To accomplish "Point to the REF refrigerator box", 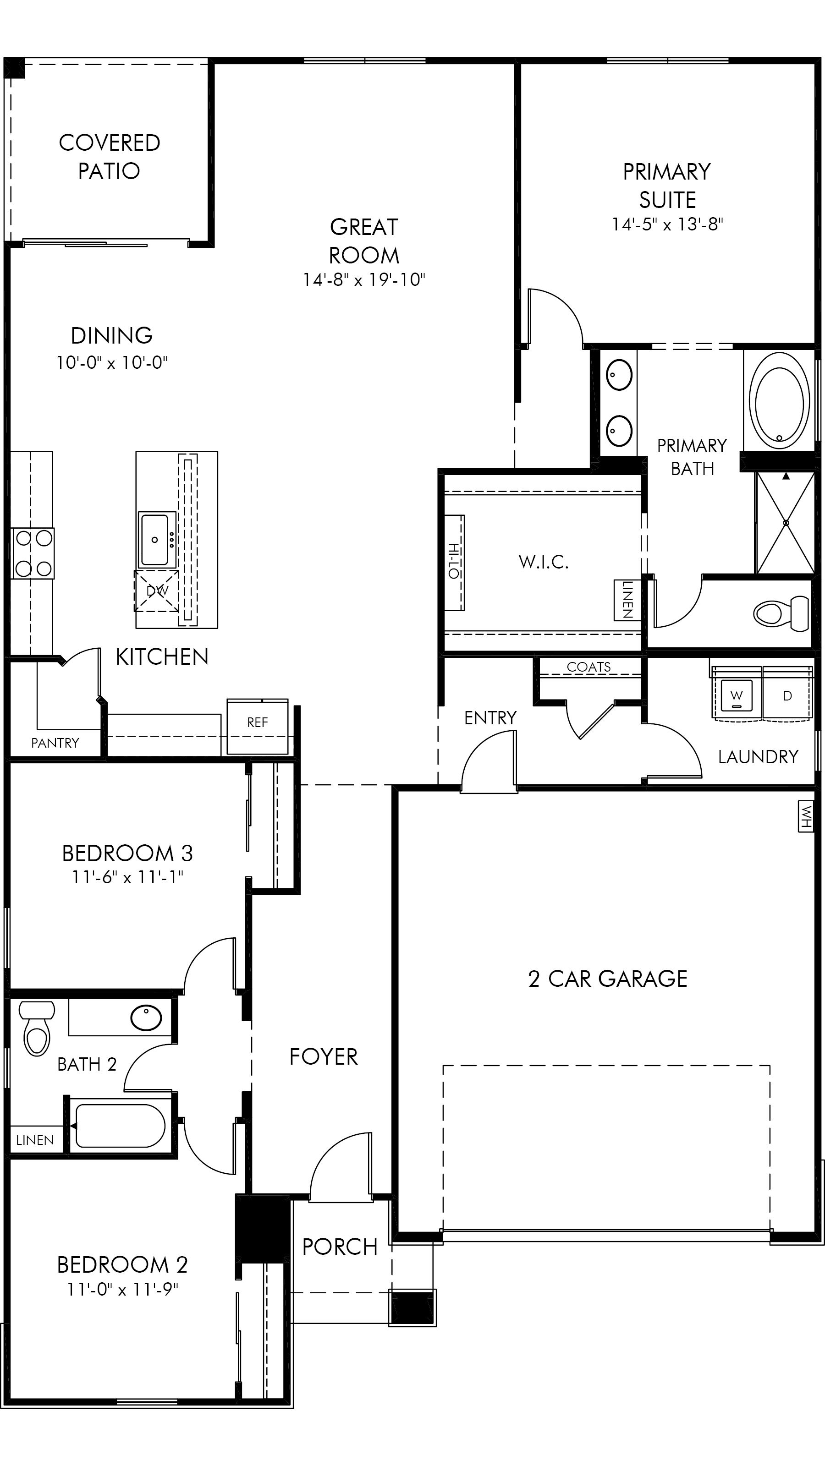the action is tap(257, 726).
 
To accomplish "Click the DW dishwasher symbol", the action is tap(157, 591).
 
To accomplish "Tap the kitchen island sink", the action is tap(155, 539).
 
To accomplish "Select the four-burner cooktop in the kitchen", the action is tap(33, 553).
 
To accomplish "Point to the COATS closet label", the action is tap(588, 667).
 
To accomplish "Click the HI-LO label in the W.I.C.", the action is tap(454, 562).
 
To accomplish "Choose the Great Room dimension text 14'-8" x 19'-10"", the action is tap(364, 279).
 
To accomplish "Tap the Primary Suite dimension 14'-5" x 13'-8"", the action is tap(667, 224).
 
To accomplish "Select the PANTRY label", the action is tap(55, 742).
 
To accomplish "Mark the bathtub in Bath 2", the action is tap(120, 1126).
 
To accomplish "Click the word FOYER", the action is tap(324, 1057).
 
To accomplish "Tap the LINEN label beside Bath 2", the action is tap(35, 1140).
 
